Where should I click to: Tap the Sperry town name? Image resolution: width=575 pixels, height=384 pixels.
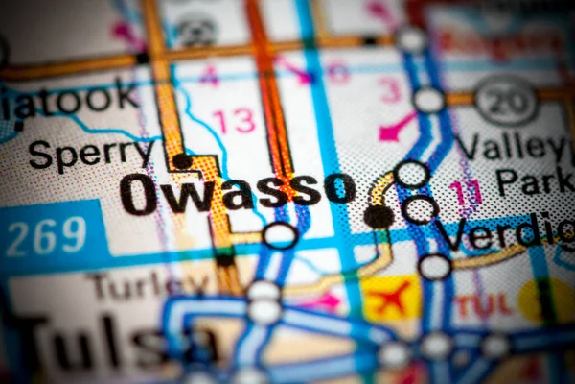(x=91, y=154)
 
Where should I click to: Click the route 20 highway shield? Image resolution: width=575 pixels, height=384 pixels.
(x=506, y=99)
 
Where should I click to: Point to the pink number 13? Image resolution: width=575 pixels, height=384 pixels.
(x=234, y=121)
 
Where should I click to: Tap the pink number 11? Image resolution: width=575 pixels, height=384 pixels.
(x=467, y=192)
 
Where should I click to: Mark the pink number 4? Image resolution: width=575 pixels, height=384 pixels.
(x=210, y=75)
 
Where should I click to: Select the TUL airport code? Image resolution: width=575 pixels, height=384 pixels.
(x=484, y=305)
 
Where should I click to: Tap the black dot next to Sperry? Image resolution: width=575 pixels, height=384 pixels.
(x=181, y=161)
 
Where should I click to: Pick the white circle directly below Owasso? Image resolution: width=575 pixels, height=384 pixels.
(x=280, y=234)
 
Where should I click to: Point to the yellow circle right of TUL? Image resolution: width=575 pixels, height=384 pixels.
(x=547, y=300)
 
